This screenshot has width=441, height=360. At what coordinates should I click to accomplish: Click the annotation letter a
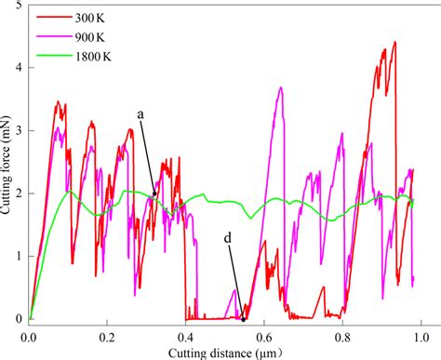coord(140,114)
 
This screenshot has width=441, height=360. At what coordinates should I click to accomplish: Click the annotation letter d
coord(228,238)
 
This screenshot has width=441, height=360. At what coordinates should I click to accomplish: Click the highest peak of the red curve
coord(394,42)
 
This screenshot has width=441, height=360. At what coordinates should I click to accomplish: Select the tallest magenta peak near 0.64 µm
coord(280,87)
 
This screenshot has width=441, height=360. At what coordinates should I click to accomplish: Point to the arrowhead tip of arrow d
coord(244,320)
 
